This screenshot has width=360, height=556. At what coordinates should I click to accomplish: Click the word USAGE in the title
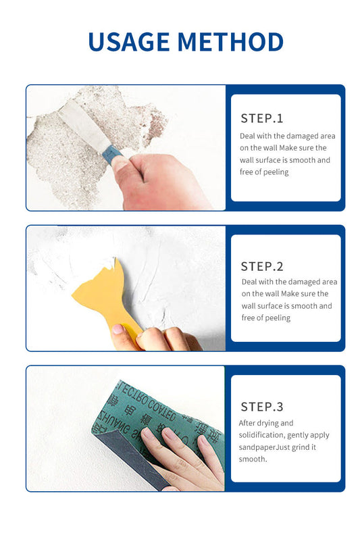129,42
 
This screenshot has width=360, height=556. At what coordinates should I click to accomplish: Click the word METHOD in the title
230,42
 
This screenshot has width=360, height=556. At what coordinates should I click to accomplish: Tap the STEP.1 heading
262,118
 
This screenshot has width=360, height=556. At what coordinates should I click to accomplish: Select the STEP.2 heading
262,266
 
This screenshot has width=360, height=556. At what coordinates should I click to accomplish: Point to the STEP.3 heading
262,407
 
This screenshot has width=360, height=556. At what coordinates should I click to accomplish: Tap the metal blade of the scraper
84,126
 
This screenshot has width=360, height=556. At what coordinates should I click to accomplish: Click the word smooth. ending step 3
253,459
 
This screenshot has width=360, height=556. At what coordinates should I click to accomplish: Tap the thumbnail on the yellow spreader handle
118,329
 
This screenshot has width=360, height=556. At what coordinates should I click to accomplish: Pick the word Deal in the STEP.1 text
247,136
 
